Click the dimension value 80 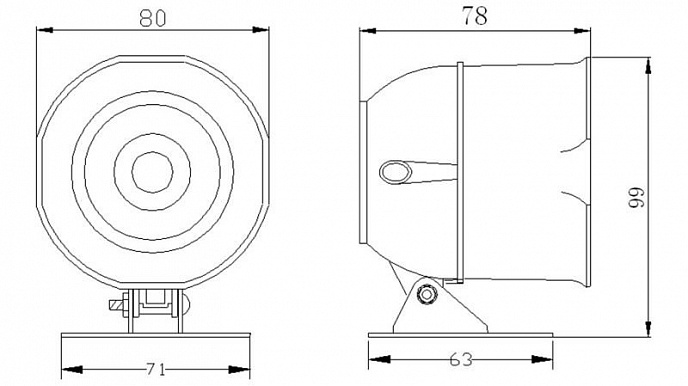point(153,18)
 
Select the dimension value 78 point(474,16)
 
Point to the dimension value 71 point(156,370)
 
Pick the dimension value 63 point(461,360)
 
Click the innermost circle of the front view point(152,172)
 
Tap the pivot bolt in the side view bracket point(426,293)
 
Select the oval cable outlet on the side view point(395,172)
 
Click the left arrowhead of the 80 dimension point(45,30)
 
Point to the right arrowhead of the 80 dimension point(261,30)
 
